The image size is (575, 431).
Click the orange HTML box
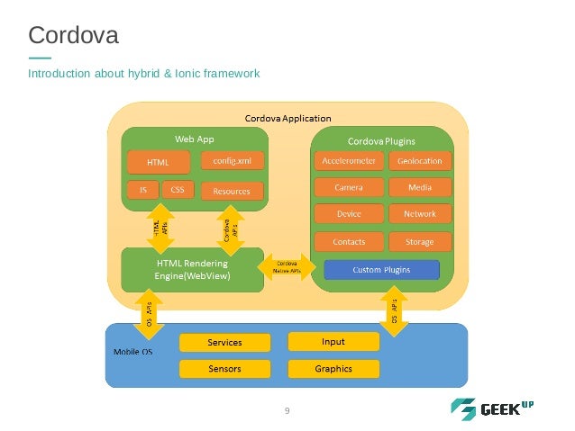click(159, 162)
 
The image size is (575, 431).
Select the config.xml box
click(232, 160)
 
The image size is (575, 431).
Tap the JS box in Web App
click(142, 190)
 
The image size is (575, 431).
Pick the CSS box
click(177, 190)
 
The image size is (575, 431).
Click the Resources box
click(232, 191)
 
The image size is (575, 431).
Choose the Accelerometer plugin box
click(348, 161)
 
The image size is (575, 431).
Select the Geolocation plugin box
click(419, 161)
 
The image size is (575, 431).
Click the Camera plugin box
click(348, 187)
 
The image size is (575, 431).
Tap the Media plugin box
click(419, 187)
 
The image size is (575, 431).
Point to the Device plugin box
click(348, 214)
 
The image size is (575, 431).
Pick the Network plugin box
click(419, 214)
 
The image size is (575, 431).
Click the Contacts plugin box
click(348, 242)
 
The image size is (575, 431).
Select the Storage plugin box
click(419, 242)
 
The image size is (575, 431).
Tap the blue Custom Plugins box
click(381, 269)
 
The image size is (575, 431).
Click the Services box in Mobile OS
click(224, 343)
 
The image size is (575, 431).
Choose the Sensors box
click(224, 369)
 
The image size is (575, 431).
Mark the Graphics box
click(333, 369)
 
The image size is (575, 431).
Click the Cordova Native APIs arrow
click(287, 267)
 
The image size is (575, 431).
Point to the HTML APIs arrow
click(159, 229)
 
